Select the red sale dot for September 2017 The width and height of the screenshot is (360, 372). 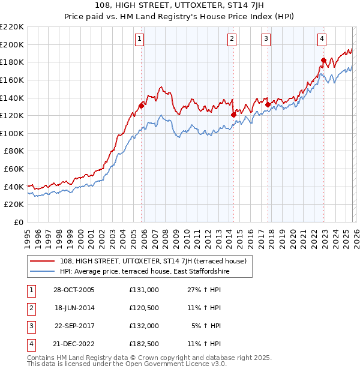268,104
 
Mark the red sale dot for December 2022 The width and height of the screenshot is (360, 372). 323,59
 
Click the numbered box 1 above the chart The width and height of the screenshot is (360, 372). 139,40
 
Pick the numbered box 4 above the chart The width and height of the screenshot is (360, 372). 322,40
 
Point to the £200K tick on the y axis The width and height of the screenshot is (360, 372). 12,44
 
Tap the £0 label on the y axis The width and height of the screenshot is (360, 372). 19,222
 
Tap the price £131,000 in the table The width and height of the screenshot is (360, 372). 144,290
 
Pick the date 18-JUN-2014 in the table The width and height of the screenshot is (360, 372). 76,308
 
